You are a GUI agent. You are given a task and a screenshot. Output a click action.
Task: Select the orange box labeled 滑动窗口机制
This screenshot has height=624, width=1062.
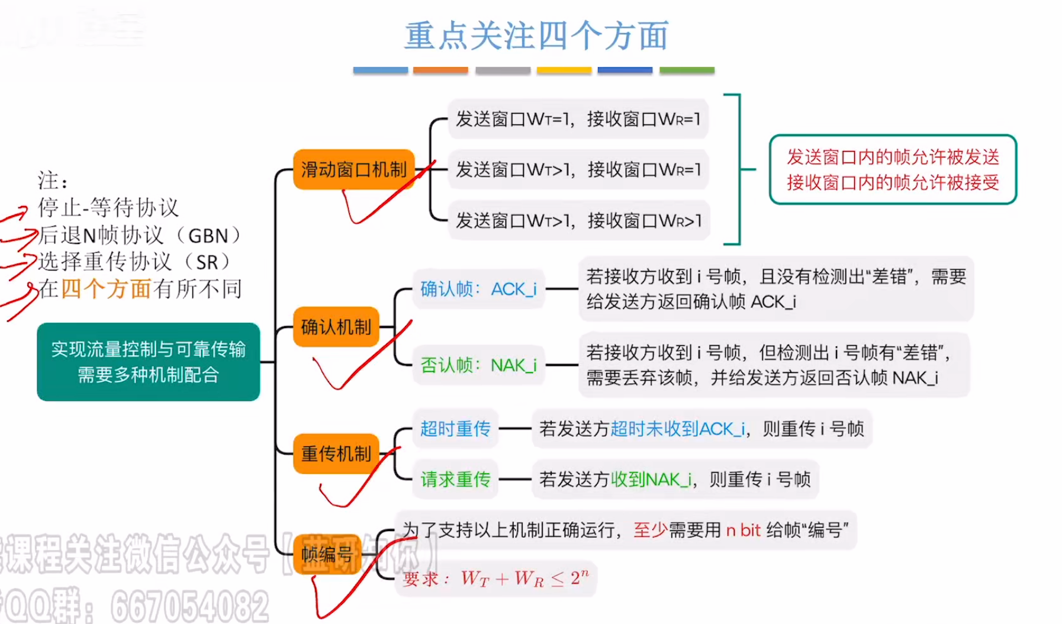pos(353,170)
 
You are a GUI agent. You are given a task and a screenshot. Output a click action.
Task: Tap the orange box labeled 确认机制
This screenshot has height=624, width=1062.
pos(336,327)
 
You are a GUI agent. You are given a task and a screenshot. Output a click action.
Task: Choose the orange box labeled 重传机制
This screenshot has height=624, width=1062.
pos(336,454)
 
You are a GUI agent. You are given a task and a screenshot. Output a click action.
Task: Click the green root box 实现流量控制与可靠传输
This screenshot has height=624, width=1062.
pos(148,362)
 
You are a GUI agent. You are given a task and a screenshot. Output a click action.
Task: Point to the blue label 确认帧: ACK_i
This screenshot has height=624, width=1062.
pos(478,290)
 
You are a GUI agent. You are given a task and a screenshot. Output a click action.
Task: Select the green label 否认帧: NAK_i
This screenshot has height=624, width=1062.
pos(478,365)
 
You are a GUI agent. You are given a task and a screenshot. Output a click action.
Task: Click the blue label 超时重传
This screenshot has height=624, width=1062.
pos(455,429)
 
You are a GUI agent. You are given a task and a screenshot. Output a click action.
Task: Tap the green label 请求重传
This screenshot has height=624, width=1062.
pos(455,479)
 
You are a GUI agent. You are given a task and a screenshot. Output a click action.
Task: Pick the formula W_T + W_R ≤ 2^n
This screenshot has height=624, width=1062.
pos(524,578)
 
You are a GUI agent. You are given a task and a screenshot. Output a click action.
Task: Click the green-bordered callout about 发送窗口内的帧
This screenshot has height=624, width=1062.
pos(893,170)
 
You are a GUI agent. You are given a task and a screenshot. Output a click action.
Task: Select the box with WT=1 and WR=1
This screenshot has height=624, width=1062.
pos(578,120)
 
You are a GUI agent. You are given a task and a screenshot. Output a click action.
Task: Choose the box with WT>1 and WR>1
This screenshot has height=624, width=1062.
pos(578,221)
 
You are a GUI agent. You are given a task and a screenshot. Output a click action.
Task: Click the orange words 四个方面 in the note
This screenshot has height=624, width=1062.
pos(107,289)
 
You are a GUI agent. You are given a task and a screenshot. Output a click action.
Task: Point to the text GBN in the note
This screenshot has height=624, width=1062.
pos(208,236)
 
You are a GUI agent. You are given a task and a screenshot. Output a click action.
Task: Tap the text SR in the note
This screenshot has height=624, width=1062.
pos(207,262)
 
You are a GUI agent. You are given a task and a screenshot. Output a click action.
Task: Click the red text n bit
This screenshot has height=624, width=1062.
pos(743,530)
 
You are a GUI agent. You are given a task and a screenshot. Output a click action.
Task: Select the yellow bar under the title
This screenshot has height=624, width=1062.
pos(564,70)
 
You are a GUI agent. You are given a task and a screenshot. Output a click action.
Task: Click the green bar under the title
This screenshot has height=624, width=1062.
pos(687,70)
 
